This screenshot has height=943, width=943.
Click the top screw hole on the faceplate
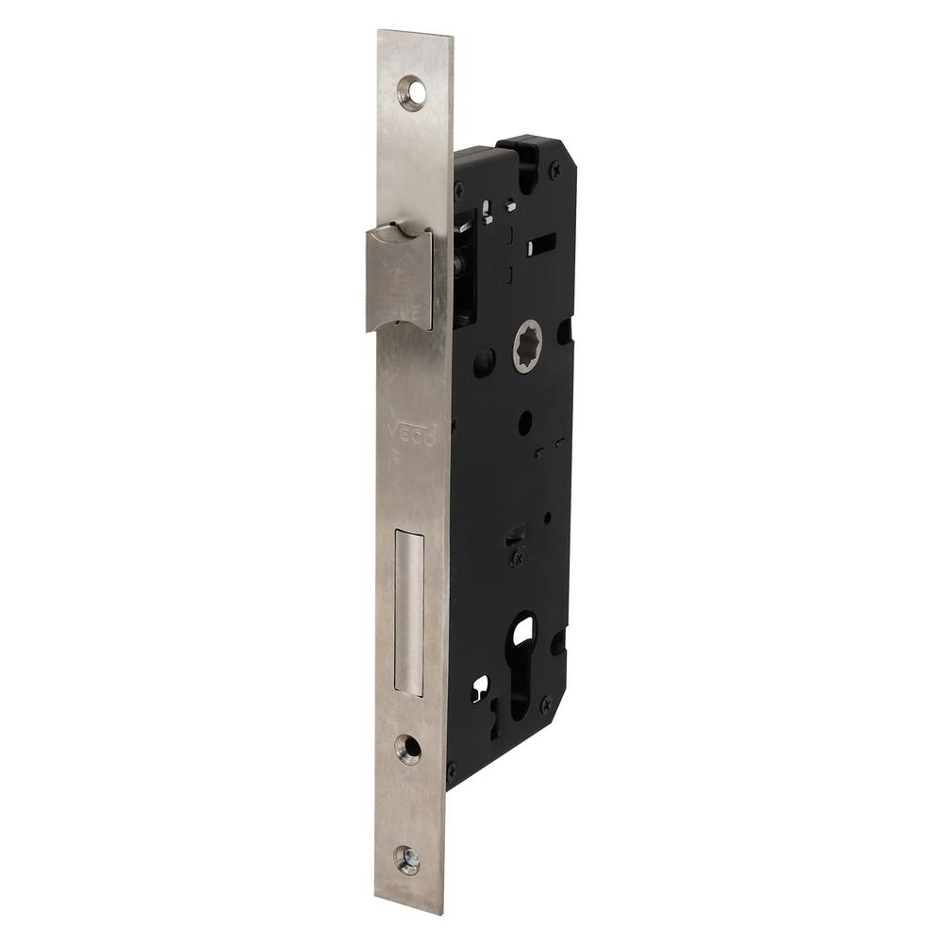[411, 92]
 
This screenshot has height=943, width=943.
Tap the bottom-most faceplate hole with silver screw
[407, 860]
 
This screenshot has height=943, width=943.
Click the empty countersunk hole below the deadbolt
[408, 749]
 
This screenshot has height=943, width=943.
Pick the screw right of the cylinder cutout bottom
[544, 703]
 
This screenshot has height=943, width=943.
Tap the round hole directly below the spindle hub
[525, 422]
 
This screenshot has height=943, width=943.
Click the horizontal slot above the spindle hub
[542, 247]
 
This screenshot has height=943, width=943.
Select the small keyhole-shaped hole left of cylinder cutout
[481, 685]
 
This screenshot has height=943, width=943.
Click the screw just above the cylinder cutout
[516, 558]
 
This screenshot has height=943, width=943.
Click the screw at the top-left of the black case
[459, 189]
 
